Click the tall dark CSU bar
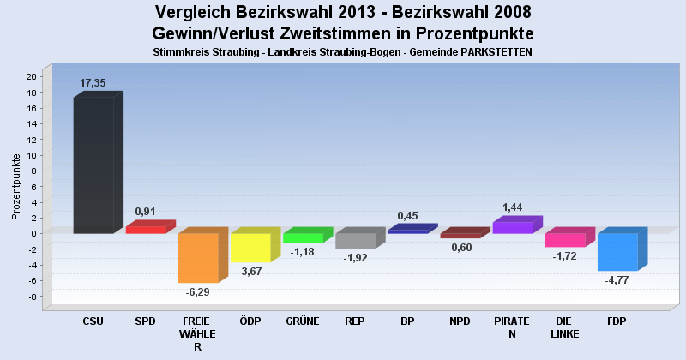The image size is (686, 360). (x=93, y=165)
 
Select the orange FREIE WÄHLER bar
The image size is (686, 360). (x=198, y=257)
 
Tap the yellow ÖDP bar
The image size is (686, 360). (x=250, y=247)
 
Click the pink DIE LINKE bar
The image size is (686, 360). (x=565, y=240)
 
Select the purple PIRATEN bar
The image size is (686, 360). (x=513, y=227)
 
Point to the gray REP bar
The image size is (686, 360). (x=355, y=240)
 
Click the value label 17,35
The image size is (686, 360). (x=93, y=83)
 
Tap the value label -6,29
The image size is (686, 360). (x=197, y=291)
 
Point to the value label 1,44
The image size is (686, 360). (x=513, y=207)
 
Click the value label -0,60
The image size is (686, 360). (x=460, y=248)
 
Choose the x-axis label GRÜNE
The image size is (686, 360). (x=303, y=321)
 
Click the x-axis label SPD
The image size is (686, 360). (x=146, y=321)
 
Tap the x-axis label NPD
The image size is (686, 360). (x=460, y=321)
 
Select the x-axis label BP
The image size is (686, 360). (x=407, y=321)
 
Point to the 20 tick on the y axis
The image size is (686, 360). (x=30, y=76)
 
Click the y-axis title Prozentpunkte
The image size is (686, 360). (x=16, y=186)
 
